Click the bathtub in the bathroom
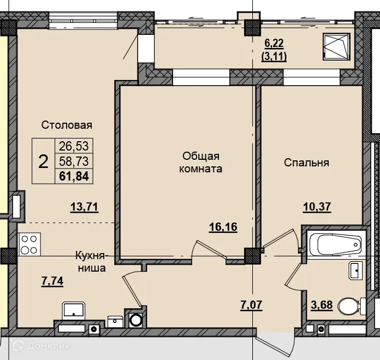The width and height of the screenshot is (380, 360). [336, 244]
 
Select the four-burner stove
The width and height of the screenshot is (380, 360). [29, 244]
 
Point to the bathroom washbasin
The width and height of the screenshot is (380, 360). [355, 271]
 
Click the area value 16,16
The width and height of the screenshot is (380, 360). [223, 227]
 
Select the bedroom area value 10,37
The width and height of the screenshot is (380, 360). [317, 207]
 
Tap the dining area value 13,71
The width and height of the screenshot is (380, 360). [84, 207]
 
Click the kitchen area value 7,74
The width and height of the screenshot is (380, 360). [52, 281]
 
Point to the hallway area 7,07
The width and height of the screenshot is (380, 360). [251, 305]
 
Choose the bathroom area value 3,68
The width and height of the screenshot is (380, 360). [322, 305]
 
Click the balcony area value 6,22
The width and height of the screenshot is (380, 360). [274, 44]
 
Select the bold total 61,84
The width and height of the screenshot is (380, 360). [74, 176]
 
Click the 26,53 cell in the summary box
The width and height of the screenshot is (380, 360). [74, 146]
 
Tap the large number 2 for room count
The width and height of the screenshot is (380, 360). [43, 161]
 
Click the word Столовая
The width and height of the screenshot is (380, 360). [67, 125]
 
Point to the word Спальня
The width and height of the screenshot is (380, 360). [307, 163]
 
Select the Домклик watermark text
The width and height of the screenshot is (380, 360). [48, 346]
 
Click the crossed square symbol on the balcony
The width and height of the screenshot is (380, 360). [336, 47]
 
